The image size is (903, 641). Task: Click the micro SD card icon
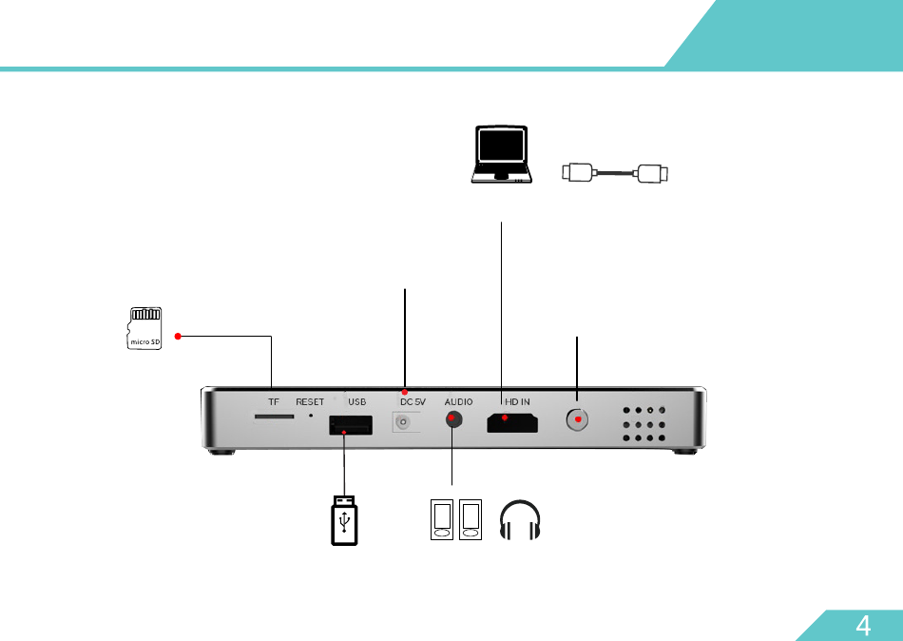pos(144,328)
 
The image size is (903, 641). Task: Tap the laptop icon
pos(502,153)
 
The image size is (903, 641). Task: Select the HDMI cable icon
pos(616,173)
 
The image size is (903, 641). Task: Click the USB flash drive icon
pos(344,521)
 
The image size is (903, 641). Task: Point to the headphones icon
pos(521,520)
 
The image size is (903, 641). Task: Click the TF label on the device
pos(274,402)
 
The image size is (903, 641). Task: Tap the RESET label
pos(310,402)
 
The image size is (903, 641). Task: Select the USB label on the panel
pos(356,402)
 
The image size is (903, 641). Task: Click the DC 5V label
pos(413,402)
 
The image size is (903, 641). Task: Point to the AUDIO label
pos(458,402)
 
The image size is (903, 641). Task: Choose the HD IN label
pos(518,402)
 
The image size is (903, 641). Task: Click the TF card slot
pos(273,417)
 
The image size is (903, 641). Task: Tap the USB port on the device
pos(350,426)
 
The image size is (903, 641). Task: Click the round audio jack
pos(453,419)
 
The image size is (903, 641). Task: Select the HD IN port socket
pos(512,421)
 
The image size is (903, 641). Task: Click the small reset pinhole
pos(311,416)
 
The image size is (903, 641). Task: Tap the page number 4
pos(863,625)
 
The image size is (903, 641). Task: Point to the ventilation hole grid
pos(644,425)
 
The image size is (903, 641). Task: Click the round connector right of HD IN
pos(577,419)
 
